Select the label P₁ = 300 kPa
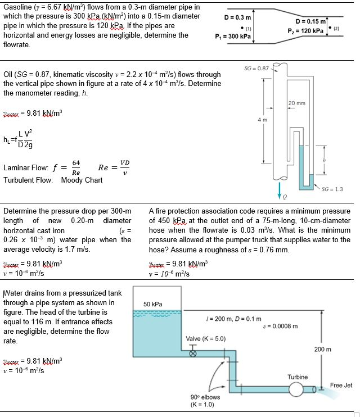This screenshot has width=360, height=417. (233, 37)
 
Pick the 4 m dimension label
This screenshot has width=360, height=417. (259, 120)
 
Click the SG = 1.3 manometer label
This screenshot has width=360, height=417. (332, 189)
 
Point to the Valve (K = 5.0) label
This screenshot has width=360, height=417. (205, 339)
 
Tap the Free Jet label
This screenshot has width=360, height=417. (341, 385)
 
